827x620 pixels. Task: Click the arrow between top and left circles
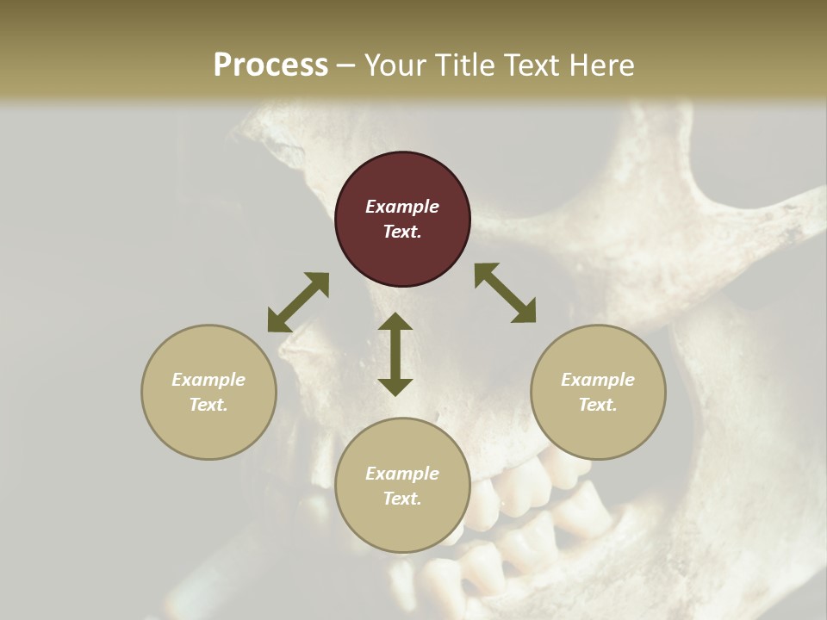click(x=298, y=302)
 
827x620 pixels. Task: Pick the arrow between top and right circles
click(x=505, y=293)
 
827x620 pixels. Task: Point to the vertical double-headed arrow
click(x=395, y=354)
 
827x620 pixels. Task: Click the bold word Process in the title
click(x=270, y=65)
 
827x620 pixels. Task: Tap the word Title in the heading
click(x=466, y=65)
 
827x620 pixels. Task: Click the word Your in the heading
click(x=396, y=65)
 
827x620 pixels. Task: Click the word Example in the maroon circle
click(x=402, y=207)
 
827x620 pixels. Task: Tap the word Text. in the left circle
click(x=208, y=405)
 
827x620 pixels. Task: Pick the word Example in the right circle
click(x=598, y=380)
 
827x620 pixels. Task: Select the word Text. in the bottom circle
click(x=402, y=499)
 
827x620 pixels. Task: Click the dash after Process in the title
click(x=346, y=65)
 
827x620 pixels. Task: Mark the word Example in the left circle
click(x=208, y=380)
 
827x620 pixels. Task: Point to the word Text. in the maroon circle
click(x=402, y=232)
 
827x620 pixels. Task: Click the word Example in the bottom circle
click(x=402, y=474)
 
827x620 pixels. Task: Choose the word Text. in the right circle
click(x=598, y=405)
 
